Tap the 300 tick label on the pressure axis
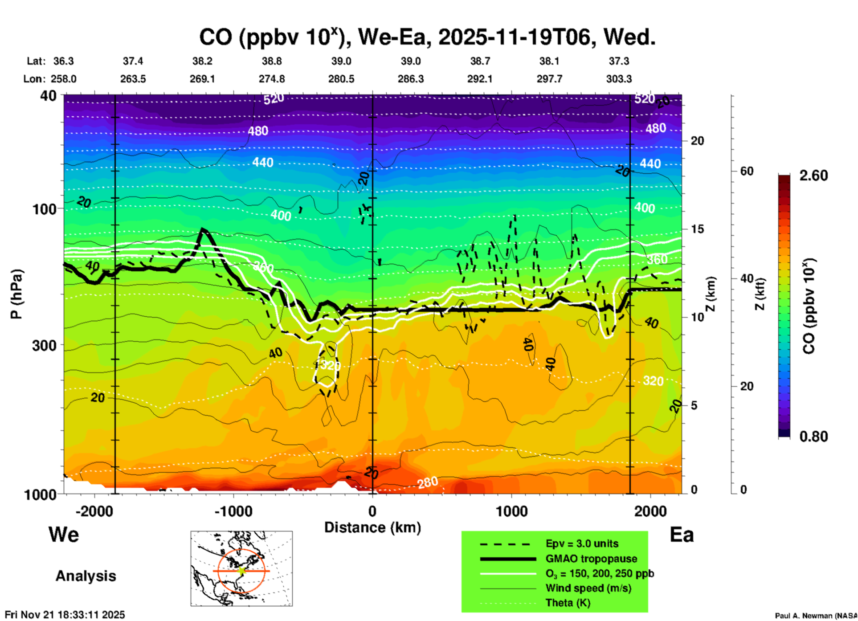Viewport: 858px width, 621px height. click(45, 345)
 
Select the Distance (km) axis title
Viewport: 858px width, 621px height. click(372, 527)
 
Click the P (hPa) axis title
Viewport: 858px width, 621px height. click(16, 294)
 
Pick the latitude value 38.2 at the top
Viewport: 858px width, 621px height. click(202, 61)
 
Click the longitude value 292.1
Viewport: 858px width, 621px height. click(480, 79)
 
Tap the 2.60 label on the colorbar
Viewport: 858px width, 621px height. click(813, 176)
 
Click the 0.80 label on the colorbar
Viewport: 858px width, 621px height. click(813, 436)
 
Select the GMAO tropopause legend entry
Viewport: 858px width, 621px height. click(591, 559)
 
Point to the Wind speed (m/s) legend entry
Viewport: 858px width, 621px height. click(588, 588)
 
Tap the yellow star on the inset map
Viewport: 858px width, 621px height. click(242, 570)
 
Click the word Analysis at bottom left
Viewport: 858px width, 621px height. click(86, 576)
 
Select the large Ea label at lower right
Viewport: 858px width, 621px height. click(682, 535)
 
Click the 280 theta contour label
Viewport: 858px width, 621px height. click(428, 482)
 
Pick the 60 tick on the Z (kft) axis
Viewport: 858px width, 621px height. click(747, 171)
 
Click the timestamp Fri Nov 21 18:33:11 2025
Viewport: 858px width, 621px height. click(65, 615)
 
